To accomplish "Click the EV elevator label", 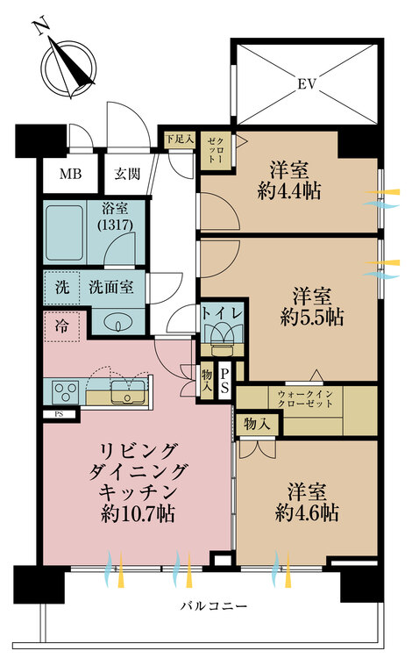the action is (x=307, y=84).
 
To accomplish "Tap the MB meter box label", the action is (x=70, y=174).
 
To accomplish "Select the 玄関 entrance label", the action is (x=127, y=174).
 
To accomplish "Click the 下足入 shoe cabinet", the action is (x=180, y=139).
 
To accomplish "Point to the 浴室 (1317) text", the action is (x=115, y=216).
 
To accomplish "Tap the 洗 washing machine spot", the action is (x=62, y=288).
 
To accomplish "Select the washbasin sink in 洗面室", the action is (x=119, y=324).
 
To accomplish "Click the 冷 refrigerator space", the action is (x=61, y=326).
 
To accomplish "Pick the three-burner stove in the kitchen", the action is (x=66, y=392).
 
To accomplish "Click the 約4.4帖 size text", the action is (x=289, y=191).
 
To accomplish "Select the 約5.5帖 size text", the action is (x=312, y=318).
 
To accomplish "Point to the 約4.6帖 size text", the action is (x=307, y=512).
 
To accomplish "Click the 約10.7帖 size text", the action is (x=138, y=513).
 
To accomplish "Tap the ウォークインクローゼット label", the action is (x=305, y=398).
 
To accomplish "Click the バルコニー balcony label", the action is (x=214, y=606).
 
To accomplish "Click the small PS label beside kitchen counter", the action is (x=59, y=415).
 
